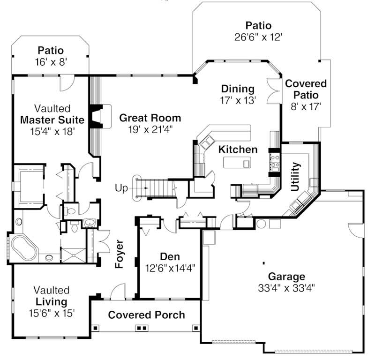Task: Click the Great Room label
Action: tap(150, 118)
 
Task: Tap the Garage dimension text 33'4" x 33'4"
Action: tap(286, 287)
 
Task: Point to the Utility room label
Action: tap(295, 177)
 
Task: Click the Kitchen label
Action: tap(238, 150)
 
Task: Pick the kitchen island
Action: tap(237, 163)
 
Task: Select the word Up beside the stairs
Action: tap(122, 188)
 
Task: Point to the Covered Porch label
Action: tap(146, 315)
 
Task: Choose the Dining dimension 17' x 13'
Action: tap(238, 100)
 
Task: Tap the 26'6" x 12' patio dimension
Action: tap(258, 37)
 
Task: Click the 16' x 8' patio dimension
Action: tap(51, 61)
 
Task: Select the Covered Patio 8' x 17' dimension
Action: tap(306, 106)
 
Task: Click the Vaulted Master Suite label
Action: tap(52, 120)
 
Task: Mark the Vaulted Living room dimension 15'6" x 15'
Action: tap(52, 313)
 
